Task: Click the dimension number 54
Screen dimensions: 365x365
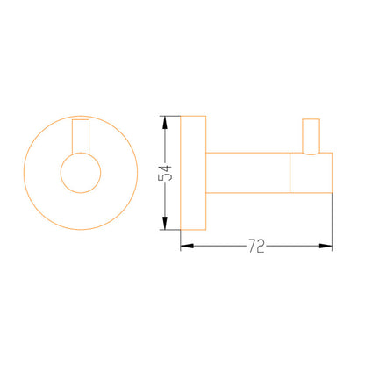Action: point(165,173)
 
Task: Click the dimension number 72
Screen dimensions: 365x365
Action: point(256,246)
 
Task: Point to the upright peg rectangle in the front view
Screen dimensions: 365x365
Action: point(72,136)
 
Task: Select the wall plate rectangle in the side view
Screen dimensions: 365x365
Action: point(181,173)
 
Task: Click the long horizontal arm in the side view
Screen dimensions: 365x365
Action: point(247,153)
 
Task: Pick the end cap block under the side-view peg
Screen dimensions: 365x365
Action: point(332,173)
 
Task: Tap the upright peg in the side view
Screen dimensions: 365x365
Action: point(303,136)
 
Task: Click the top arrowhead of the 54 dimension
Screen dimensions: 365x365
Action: point(165,122)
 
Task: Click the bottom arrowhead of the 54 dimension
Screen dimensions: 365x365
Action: point(165,224)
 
